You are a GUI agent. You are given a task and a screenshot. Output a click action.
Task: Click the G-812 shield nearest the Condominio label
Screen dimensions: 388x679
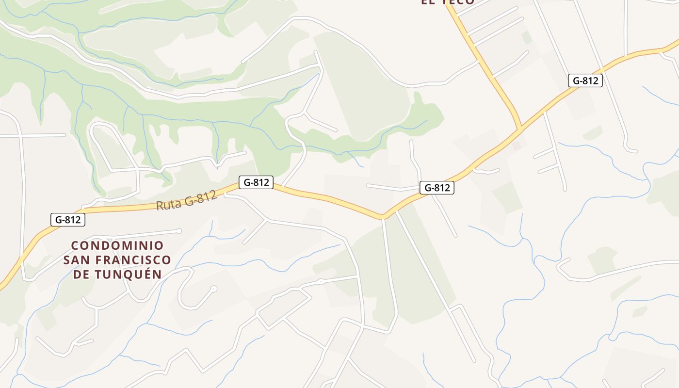(x=68, y=220)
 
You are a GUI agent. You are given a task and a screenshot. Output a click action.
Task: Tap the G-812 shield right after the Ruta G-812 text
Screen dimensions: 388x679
(x=256, y=182)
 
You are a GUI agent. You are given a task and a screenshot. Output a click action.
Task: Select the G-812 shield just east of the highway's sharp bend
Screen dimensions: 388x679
(x=436, y=188)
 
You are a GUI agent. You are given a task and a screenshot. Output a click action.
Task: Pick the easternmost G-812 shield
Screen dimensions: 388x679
(x=585, y=81)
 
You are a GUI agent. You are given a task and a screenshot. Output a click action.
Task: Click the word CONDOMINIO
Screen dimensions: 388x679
(x=117, y=246)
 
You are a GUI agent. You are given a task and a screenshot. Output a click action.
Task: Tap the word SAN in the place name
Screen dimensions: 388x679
(x=75, y=260)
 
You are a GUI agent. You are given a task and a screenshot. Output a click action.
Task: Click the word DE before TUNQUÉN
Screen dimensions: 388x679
(x=82, y=275)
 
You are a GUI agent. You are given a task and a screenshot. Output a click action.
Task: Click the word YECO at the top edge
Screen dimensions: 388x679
(x=458, y=2)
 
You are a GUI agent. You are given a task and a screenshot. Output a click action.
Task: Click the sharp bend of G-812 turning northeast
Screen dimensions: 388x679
(x=383, y=215)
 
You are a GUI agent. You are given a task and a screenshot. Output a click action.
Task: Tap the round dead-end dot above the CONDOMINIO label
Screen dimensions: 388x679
(x=179, y=231)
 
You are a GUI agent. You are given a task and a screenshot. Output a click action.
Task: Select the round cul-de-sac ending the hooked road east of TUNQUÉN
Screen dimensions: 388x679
(x=214, y=289)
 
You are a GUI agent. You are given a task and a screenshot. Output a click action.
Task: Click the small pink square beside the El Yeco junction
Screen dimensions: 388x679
(x=517, y=145)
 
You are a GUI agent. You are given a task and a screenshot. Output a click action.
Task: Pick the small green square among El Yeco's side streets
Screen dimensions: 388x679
(x=526, y=37)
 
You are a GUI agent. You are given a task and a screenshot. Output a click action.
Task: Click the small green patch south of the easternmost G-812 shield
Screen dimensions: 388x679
(x=593, y=132)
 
